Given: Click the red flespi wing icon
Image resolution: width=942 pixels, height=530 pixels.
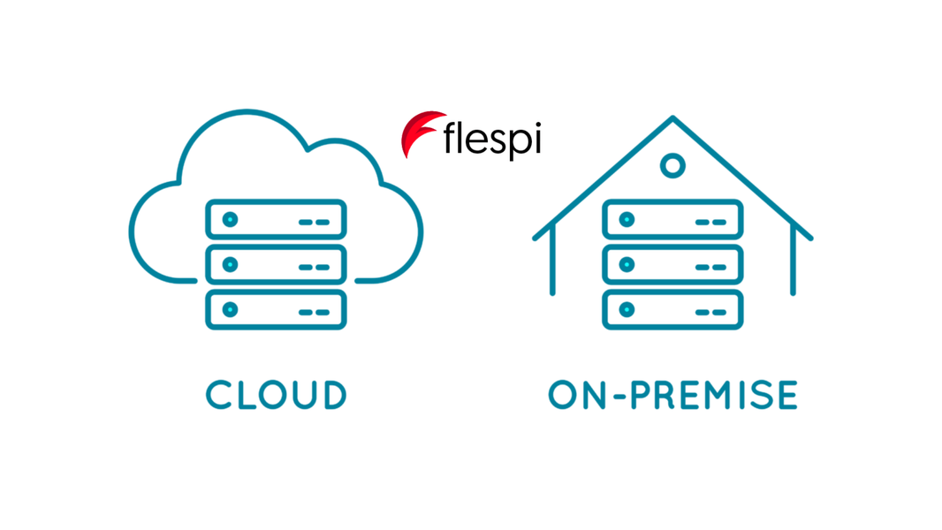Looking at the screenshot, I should [x=422, y=133].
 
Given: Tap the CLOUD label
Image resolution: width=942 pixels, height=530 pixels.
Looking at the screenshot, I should [x=276, y=394].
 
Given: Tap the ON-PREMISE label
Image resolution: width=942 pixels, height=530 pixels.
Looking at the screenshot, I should [x=672, y=394].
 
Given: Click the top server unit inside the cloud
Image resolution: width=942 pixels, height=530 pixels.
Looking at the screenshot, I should [x=276, y=219].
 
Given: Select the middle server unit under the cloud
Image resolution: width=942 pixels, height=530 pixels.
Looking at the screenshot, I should [x=276, y=264].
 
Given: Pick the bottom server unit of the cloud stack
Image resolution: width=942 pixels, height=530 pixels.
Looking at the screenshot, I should [x=276, y=310].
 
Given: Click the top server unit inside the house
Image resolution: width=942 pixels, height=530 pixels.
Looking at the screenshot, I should [x=672, y=219].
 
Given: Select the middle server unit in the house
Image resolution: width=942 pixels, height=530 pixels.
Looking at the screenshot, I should [x=672, y=264].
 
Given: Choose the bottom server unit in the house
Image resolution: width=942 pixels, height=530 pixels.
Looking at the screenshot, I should [x=672, y=310].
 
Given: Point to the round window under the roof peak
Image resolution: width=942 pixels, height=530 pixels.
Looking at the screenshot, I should [x=672, y=165].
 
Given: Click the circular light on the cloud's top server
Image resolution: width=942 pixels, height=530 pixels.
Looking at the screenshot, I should [x=231, y=219].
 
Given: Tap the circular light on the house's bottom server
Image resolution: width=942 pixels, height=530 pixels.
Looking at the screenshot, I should [x=627, y=310].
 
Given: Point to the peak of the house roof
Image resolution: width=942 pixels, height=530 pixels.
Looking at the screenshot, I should [x=672, y=118].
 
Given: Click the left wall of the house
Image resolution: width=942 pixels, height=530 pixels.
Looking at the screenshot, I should [x=553, y=261].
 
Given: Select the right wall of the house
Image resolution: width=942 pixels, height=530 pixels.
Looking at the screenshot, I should [x=793, y=261].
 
